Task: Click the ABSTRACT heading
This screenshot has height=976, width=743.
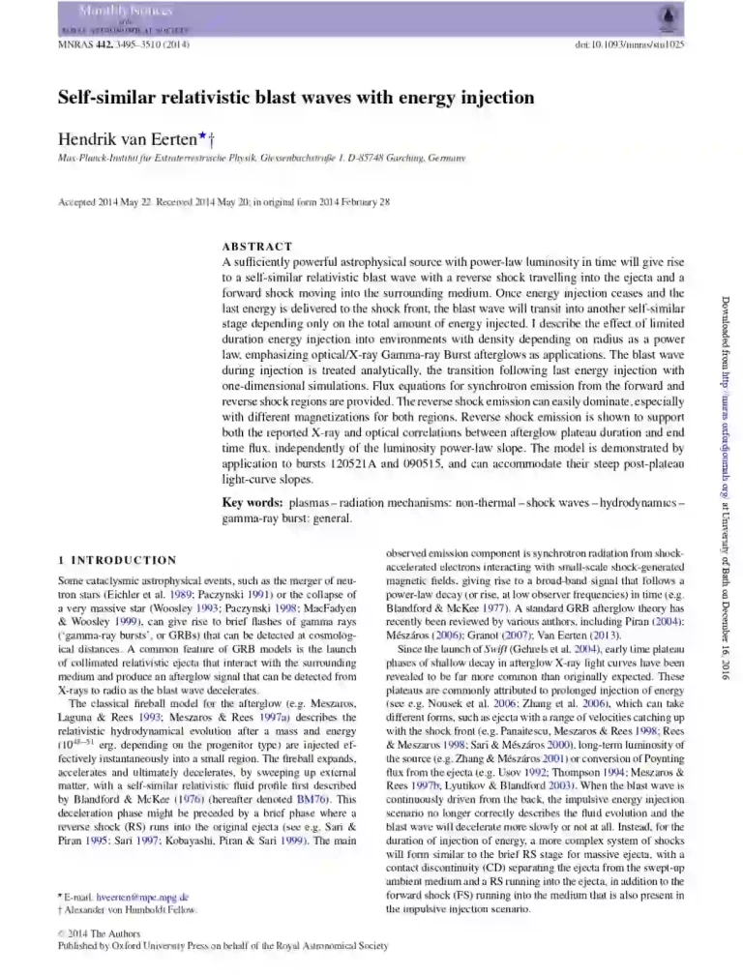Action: click(256, 247)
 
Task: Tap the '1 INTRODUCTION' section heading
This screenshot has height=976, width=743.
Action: click(117, 560)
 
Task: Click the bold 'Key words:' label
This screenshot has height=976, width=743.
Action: click(253, 503)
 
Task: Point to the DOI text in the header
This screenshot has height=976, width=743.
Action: click(630, 45)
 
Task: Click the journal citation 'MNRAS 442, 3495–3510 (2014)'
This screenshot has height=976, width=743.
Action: click(124, 45)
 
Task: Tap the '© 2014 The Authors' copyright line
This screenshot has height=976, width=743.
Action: click(100, 934)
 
